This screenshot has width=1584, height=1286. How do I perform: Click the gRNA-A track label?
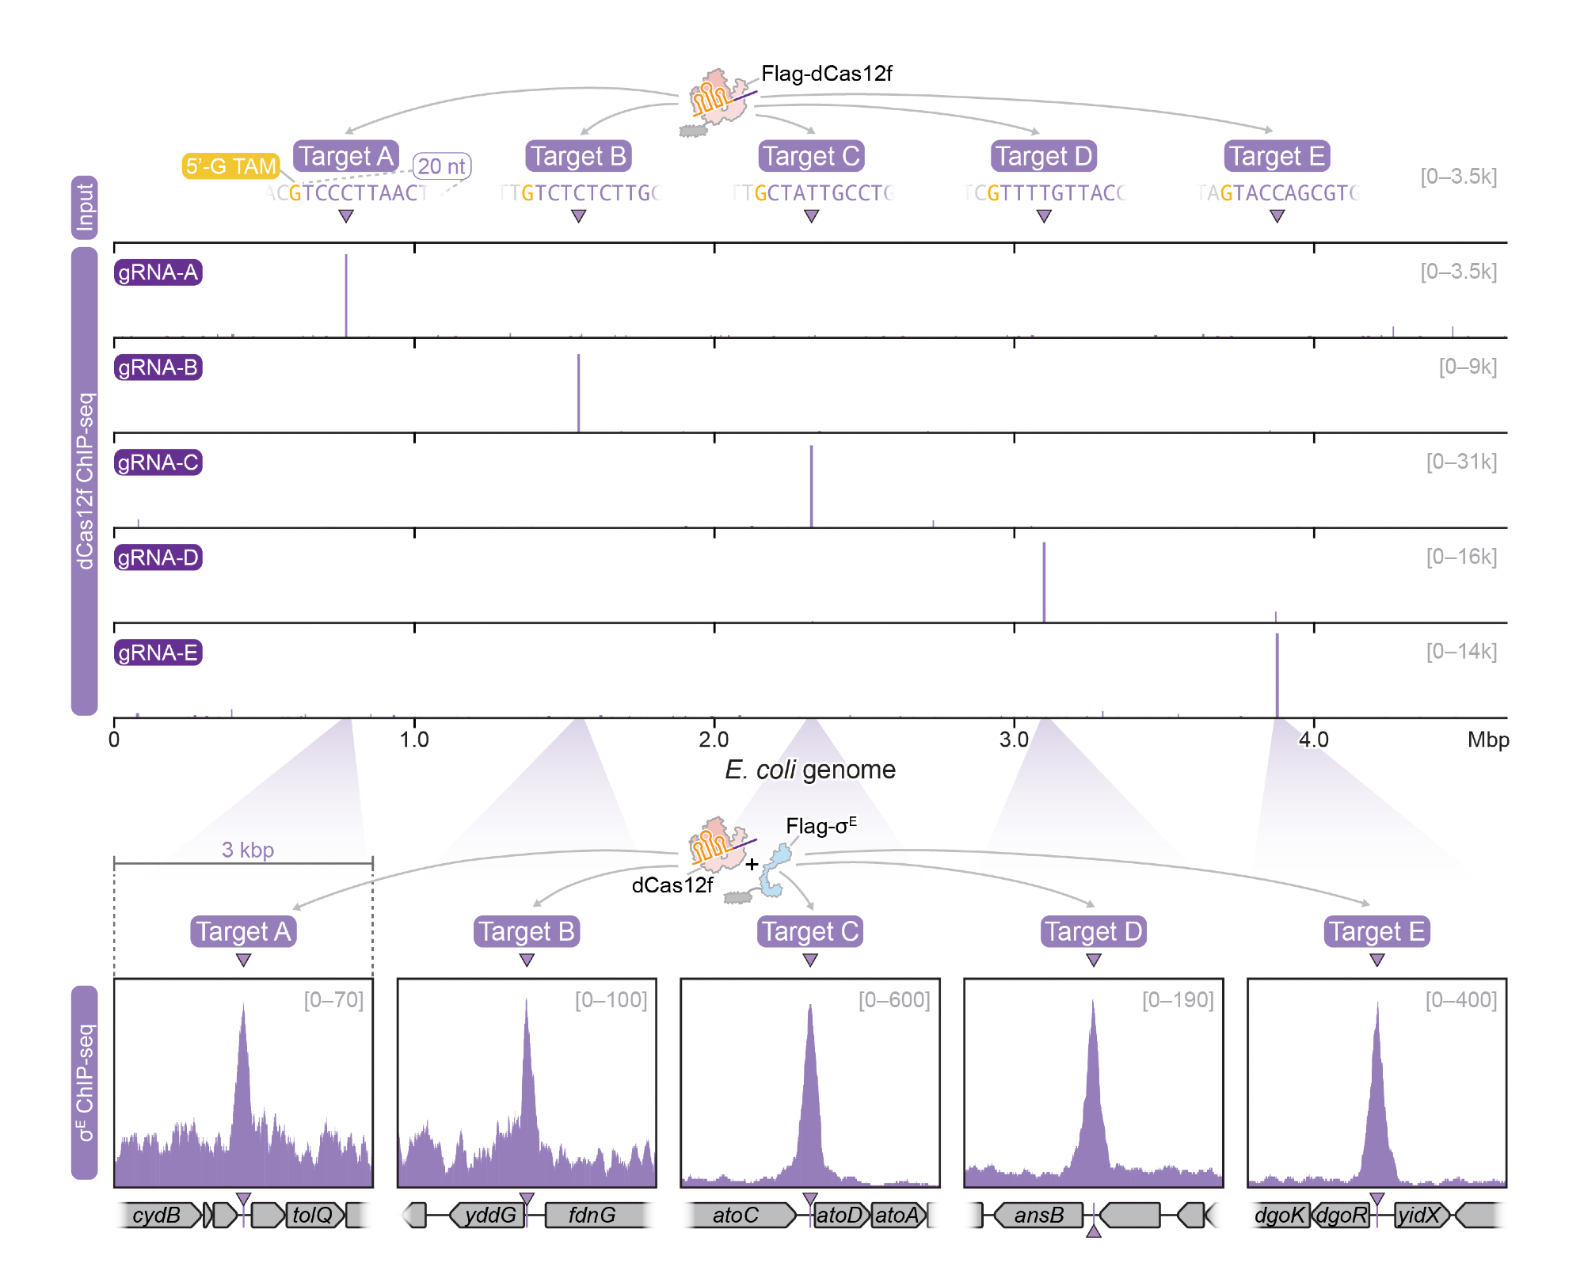158,272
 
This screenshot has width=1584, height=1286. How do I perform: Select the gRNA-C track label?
158,462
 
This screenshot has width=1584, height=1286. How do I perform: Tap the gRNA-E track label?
158,653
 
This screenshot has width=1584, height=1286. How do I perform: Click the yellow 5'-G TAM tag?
230,166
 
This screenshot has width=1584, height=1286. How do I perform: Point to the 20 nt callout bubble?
441,166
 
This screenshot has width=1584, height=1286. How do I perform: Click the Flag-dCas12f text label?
826,74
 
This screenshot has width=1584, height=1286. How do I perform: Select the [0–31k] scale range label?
1461,462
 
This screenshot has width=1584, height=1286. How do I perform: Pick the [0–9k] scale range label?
1468,367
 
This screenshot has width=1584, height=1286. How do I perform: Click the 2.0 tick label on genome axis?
714,740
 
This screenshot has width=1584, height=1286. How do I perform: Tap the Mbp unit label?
1488,740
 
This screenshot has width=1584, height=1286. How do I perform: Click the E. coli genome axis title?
810,770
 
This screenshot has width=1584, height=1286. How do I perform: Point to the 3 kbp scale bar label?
248,850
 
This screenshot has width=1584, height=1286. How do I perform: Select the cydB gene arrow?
158,1215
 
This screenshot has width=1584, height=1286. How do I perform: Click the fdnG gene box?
592,1215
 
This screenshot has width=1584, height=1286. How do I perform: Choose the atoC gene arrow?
737,1215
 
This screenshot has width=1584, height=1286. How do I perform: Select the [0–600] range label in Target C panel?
894,1000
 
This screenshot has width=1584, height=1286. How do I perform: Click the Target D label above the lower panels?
1094,931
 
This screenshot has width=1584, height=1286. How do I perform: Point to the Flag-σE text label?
821,826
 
